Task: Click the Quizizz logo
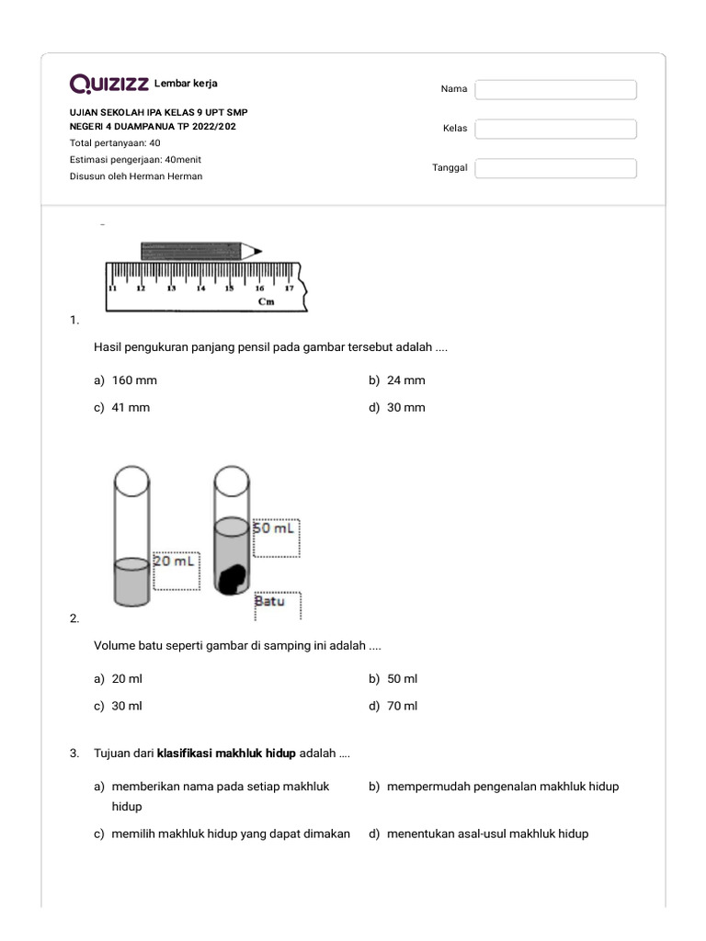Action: [x=109, y=85]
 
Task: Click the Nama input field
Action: [x=555, y=89]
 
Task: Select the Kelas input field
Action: [x=555, y=129]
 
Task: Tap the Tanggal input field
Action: [x=555, y=168]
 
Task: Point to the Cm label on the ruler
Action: [x=266, y=300]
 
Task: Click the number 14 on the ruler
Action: [x=200, y=288]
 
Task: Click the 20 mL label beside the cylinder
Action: [x=175, y=561]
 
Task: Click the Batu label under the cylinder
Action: [x=269, y=601]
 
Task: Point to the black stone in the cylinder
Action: [x=232, y=578]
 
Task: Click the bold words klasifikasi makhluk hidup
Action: [x=226, y=754]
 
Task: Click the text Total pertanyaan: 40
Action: [x=115, y=143]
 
